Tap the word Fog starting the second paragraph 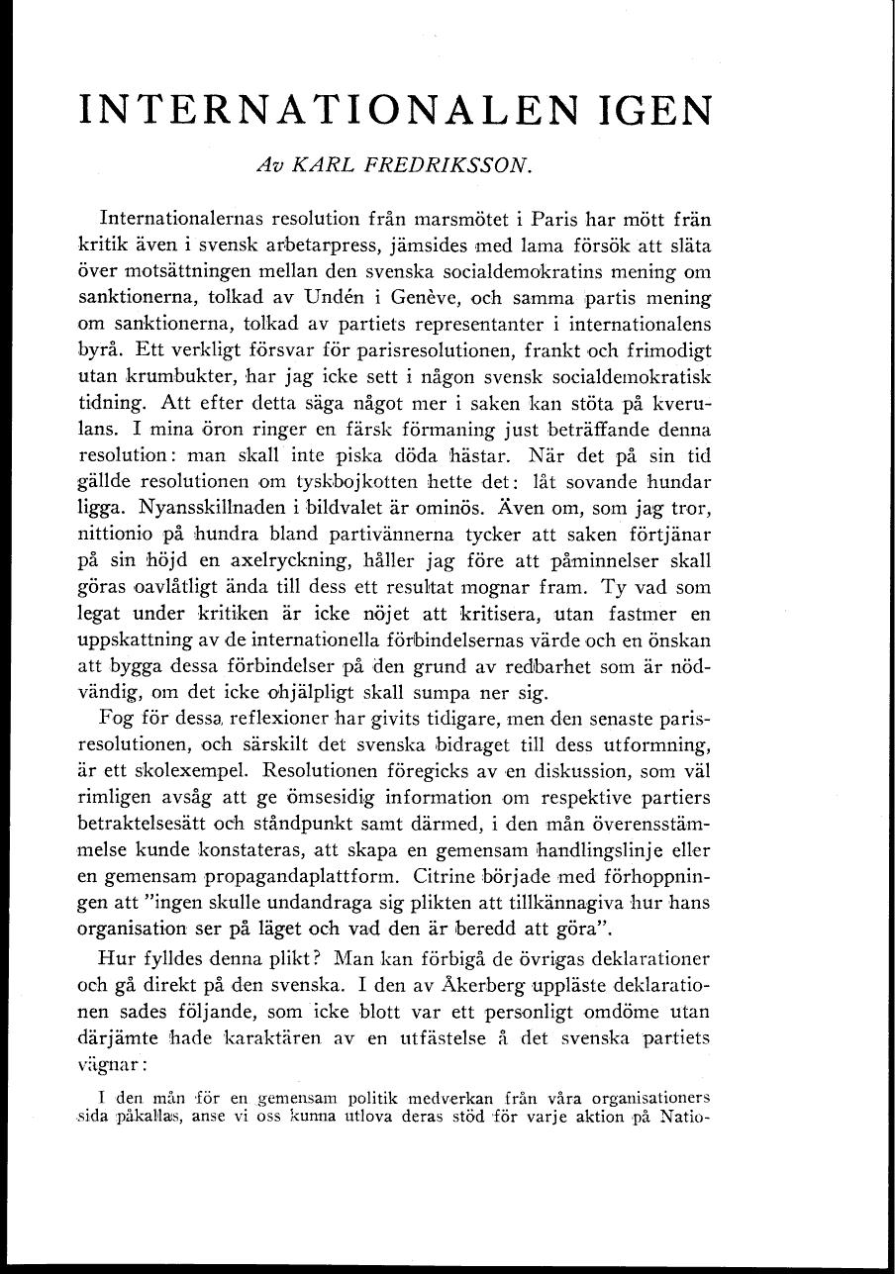pyautogui.click(x=118, y=716)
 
